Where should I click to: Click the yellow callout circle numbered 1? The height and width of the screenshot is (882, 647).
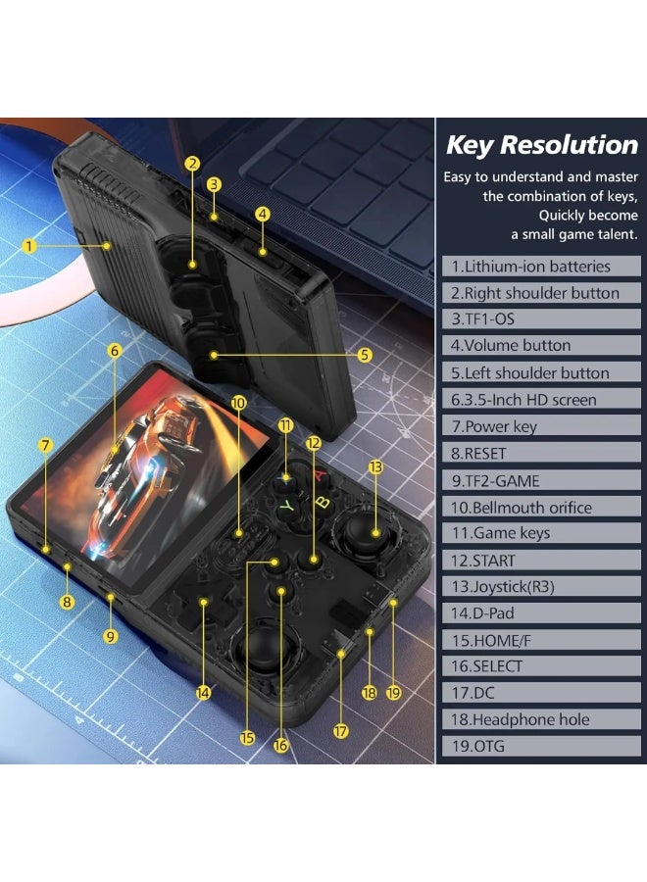pyautogui.click(x=29, y=246)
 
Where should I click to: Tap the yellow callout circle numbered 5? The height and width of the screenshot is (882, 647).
pyautogui.click(x=365, y=355)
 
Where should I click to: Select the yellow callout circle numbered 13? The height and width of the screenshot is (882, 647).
pyautogui.click(x=375, y=466)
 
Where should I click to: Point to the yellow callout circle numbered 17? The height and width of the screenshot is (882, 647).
pyautogui.click(x=340, y=731)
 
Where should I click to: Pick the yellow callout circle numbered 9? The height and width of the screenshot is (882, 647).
pyautogui.click(x=110, y=636)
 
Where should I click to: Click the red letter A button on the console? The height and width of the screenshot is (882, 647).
pyautogui.click(x=320, y=475)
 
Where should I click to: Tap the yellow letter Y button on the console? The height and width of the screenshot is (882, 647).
pyautogui.click(x=287, y=506)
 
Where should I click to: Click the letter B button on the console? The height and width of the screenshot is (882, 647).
pyautogui.click(x=323, y=500)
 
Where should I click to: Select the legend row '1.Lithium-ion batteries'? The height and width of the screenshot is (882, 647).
pyautogui.click(x=541, y=266)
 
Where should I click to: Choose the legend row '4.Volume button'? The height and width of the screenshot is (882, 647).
pyautogui.click(x=541, y=345)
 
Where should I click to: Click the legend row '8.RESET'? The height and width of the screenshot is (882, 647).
pyautogui.click(x=541, y=453)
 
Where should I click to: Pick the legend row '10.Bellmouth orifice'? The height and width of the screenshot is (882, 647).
pyautogui.click(x=541, y=507)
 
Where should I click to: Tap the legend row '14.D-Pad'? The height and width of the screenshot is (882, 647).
pyautogui.click(x=541, y=613)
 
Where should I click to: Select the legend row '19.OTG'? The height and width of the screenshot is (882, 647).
pyautogui.click(x=541, y=746)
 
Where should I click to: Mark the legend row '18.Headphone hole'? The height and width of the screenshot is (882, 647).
pyautogui.click(x=541, y=719)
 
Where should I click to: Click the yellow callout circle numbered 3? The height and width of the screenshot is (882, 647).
pyautogui.click(x=214, y=184)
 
